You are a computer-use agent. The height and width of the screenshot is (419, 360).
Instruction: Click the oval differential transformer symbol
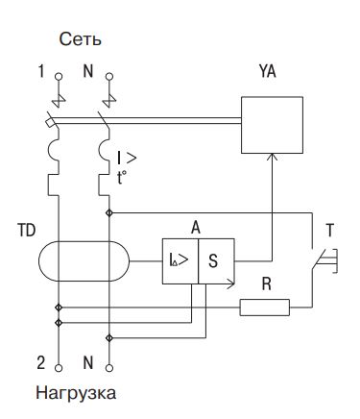point(83,260)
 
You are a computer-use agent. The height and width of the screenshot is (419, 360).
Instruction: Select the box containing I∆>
point(179,259)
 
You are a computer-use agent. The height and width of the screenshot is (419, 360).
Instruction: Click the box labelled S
point(215,259)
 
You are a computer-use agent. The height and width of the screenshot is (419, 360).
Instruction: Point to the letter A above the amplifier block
point(196,228)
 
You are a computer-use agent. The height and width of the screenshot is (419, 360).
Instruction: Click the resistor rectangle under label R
point(264,308)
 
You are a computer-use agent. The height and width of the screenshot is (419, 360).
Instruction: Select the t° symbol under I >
point(124,177)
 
